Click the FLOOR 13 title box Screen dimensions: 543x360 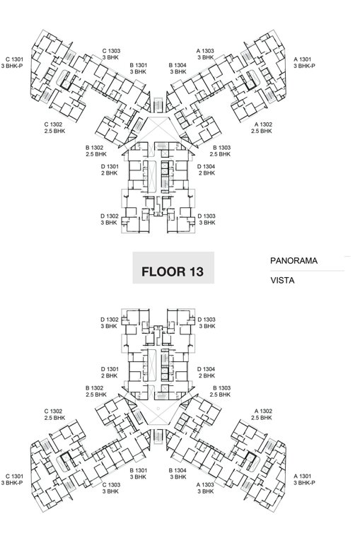coord(173,271)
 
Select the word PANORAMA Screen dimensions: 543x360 coord(294,261)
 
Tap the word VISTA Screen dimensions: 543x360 coord(282,280)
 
